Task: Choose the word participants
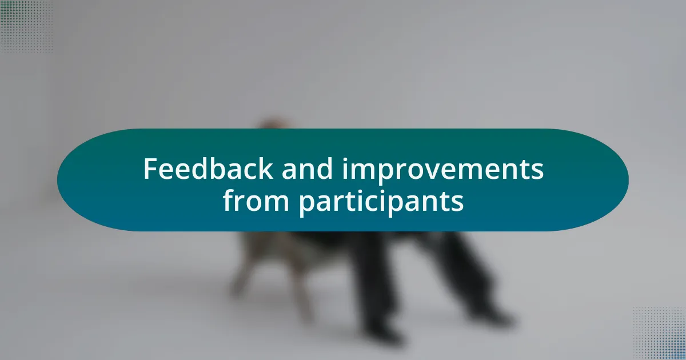[381, 202]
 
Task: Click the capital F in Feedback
[150, 169]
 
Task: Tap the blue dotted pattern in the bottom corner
[660, 334]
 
